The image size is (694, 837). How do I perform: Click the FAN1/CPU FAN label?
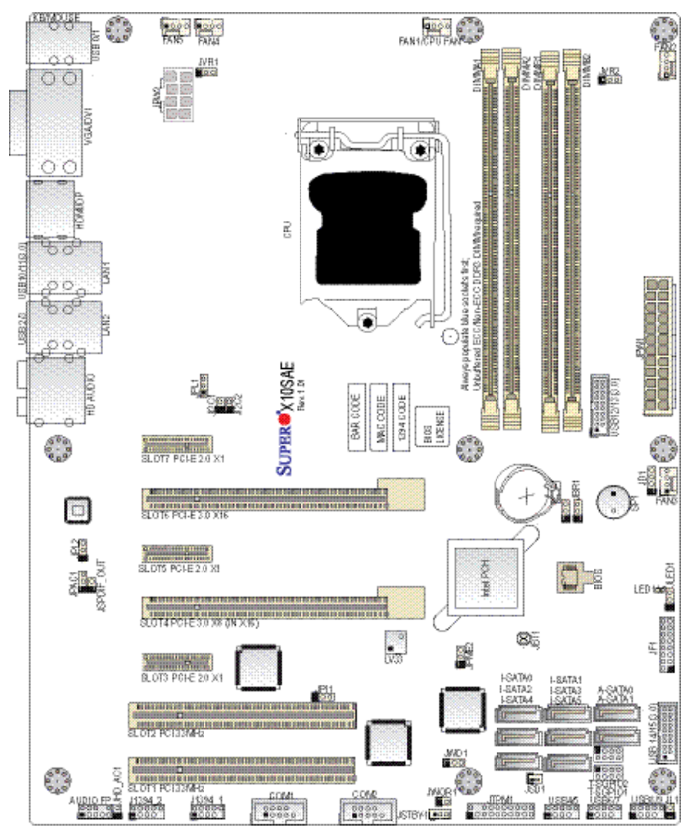point(442,42)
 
